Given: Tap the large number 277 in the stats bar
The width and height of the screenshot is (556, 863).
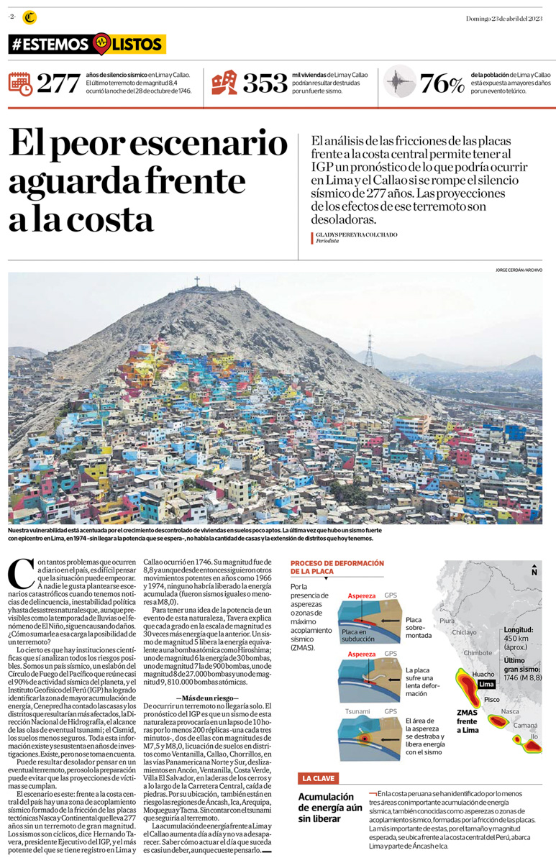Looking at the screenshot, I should click(59, 84).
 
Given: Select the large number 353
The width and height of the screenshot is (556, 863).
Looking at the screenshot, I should click(265, 84).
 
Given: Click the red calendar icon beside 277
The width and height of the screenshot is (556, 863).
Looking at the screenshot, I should click(20, 84).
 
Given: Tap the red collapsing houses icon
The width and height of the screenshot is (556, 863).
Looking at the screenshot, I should click(224, 83).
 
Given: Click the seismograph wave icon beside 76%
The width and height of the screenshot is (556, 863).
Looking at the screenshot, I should click(398, 84).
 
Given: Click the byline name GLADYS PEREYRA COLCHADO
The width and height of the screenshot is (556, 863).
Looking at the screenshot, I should click(356, 234).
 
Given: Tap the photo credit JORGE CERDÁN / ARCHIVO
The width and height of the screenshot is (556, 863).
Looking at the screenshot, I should click(519, 270).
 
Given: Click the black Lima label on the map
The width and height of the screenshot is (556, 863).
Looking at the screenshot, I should click(486, 684).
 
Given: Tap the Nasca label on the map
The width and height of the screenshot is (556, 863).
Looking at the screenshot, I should click(510, 711).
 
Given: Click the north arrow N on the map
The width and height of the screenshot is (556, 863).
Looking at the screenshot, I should click(534, 572).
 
